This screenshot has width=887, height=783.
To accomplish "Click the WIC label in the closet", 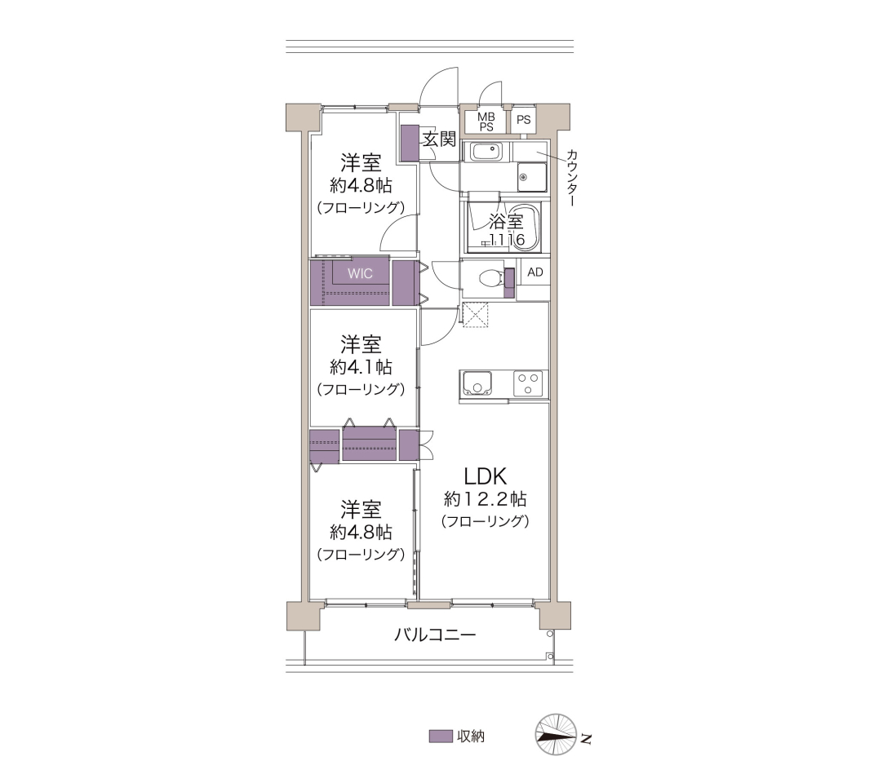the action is click(x=360, y=273).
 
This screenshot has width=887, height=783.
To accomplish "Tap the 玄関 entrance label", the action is click(x=439, y=139).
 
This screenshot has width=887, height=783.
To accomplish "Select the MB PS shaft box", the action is click(x=486, y=122).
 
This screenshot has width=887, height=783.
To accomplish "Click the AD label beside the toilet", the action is click(x=535, y=272).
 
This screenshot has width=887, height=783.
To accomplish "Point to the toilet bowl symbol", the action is click(x=490, y=278).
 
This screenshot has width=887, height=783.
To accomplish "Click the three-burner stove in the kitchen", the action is click(x=529, y=383).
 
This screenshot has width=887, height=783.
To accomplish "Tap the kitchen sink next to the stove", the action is click(x=477, y=383).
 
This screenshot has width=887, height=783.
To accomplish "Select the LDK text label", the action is click(x=485, y=476).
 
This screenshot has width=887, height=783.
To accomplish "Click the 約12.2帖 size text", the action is click(x=486, y=498).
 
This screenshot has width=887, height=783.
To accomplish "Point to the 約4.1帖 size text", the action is click(x=361, y=367).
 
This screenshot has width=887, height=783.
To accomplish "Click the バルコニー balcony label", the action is click(x=434, y=635).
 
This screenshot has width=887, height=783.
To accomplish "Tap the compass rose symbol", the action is click(x=556, y=734).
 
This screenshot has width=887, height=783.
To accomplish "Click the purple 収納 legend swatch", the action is click(x=440, y=736).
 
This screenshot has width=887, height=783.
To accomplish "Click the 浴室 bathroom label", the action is click(x=506, y=221).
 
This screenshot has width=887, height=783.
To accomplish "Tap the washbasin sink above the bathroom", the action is click(x=486, y=152).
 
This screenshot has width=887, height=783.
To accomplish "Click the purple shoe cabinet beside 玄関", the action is click(x=409, y=143).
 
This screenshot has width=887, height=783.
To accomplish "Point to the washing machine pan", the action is click(x=532, y=178).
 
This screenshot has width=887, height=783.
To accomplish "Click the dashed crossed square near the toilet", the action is click(x=475, y=314).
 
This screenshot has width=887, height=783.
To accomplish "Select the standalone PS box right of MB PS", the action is click(x=523, y=120).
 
